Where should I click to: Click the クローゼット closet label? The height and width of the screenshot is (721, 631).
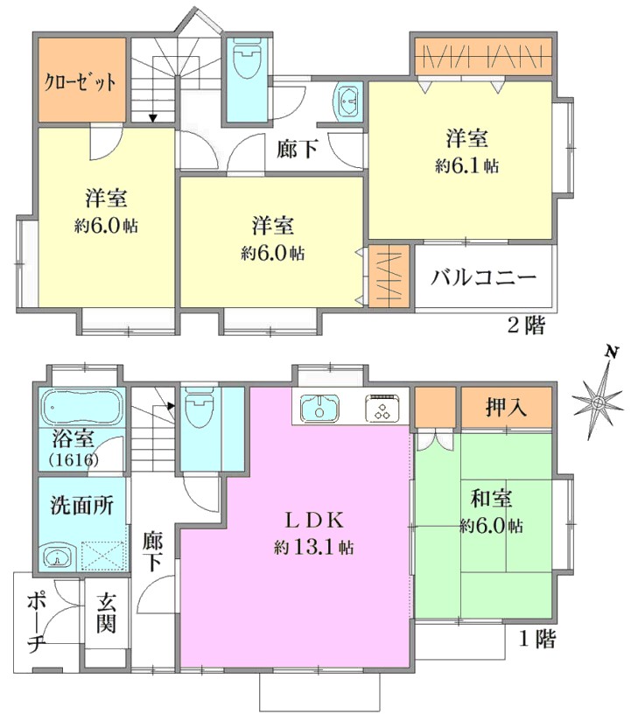point(80,82)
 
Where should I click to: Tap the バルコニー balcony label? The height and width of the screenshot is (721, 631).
point(483,277)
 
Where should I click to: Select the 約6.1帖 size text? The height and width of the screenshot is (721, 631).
point(466,166)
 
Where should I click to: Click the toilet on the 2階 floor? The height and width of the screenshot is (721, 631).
point(248,59)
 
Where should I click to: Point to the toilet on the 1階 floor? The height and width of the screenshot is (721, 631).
point(199,407)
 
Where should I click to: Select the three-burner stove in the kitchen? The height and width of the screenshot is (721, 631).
point(382,408)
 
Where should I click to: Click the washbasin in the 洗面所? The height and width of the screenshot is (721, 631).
point(58,556)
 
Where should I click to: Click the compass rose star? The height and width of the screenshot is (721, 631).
point(598,403)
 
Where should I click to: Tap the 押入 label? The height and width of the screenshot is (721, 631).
point(506,408)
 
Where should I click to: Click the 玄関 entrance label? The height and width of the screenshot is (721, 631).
point(106,614)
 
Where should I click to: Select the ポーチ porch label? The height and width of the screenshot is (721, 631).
point(36,623)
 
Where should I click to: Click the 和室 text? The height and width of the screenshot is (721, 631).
point(491,499)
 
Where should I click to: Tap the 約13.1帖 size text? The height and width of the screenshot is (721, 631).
point(314,547)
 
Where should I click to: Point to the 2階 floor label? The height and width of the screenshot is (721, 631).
point(526,326)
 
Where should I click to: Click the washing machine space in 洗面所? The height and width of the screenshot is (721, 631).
point(103,556)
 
